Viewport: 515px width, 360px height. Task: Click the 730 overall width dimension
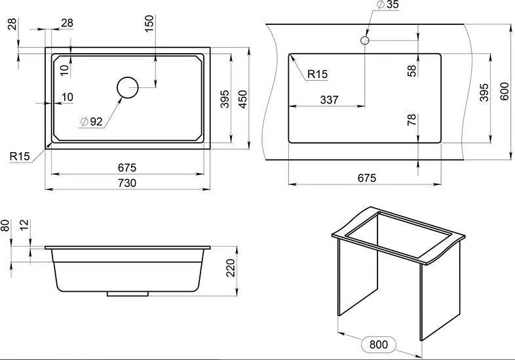(127, 183)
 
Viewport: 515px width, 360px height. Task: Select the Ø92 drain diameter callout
(92, 122)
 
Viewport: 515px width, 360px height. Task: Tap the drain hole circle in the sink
(127, 87)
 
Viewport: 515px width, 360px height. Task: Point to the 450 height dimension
(243, 99)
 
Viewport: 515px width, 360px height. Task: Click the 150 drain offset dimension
(149, 24)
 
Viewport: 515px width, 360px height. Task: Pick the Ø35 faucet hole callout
(388, 5)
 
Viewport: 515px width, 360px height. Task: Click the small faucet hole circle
(364, 41)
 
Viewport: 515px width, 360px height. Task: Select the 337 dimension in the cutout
(329, 100)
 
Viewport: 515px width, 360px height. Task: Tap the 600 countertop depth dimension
(505, 91)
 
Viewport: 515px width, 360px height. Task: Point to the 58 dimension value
(411, 71)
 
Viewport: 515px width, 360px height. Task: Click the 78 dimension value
(411, 119)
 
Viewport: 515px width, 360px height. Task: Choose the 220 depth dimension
(231, 268)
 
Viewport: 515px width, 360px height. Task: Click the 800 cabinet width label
(379, 344)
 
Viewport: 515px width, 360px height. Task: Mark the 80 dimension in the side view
(5, 226)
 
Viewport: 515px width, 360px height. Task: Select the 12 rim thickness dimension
(24, 225)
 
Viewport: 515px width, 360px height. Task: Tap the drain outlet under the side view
(127, 294)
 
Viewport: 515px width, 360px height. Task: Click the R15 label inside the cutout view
(318, 74)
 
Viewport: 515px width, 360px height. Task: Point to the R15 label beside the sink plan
(20, 157)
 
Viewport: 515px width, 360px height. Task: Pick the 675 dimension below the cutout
(367, 178)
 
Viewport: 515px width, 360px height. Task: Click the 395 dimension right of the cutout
(484, 92)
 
